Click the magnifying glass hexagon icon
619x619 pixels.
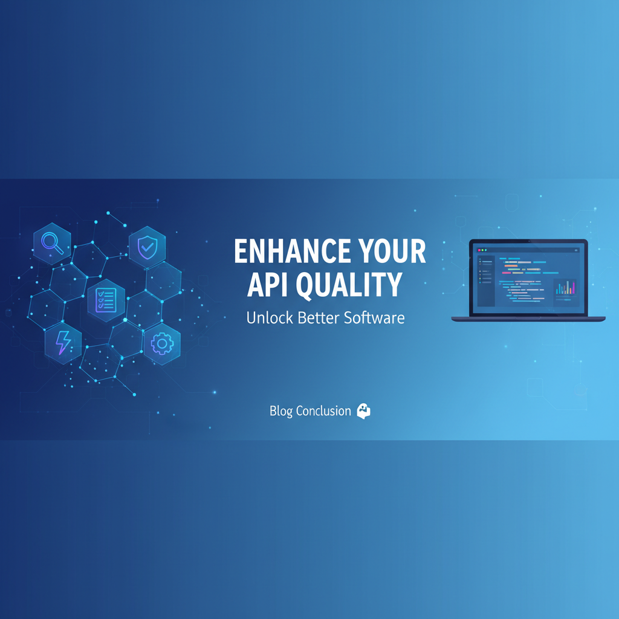tap(52, 243)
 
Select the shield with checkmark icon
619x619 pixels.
tap(147, 247)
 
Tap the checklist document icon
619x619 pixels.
tap(106, 300)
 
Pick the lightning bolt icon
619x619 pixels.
tap(63, 343)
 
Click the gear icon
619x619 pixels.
tap(162, 343)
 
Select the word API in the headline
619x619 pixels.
tap(268, 284)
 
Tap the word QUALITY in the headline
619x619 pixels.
tap(349, 285)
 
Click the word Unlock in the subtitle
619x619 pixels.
tap(270, 318)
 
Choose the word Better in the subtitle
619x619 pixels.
tap(318, 318)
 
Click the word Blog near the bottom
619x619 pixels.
tap(281, 411)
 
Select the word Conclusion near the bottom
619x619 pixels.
tap(323, 411)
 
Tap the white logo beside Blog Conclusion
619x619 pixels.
tap(363, 411)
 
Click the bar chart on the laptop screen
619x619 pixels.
tap(565, 287)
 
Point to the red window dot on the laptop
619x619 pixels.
tap(479, 250)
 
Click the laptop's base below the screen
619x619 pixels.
tap(528, 319)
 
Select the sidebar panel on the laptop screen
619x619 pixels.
tap(486, 280)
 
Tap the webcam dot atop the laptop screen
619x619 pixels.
tap(528, 241)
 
